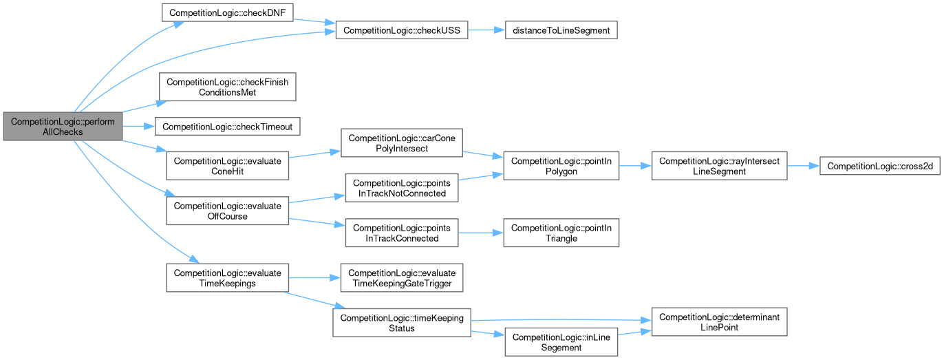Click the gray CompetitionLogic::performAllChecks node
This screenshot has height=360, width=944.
[62, 126]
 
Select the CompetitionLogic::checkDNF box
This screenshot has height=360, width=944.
[227, 12]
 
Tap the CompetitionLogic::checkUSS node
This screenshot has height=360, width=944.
[401, 30]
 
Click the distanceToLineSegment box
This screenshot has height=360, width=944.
[561, 30]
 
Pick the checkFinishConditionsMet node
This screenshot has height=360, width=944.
[227, 87]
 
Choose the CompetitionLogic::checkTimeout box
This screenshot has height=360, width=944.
[227, 127]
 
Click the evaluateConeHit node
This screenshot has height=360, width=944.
[227, 166]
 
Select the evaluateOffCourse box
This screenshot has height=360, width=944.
[227, 211]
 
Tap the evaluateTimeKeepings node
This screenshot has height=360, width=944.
[227, 278]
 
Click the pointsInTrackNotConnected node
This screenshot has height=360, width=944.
[401, 188]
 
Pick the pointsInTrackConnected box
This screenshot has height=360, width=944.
[401, 233]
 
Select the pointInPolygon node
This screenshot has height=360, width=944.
[561, 166]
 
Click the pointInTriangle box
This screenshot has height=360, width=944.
[561, 233]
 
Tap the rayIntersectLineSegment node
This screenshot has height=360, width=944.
[720, 166]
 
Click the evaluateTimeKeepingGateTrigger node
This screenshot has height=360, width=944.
[401, 278]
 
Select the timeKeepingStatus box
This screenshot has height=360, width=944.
[401, 323]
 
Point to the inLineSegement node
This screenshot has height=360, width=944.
[561, 342]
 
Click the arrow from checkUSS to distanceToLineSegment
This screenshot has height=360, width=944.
[486, 30]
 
